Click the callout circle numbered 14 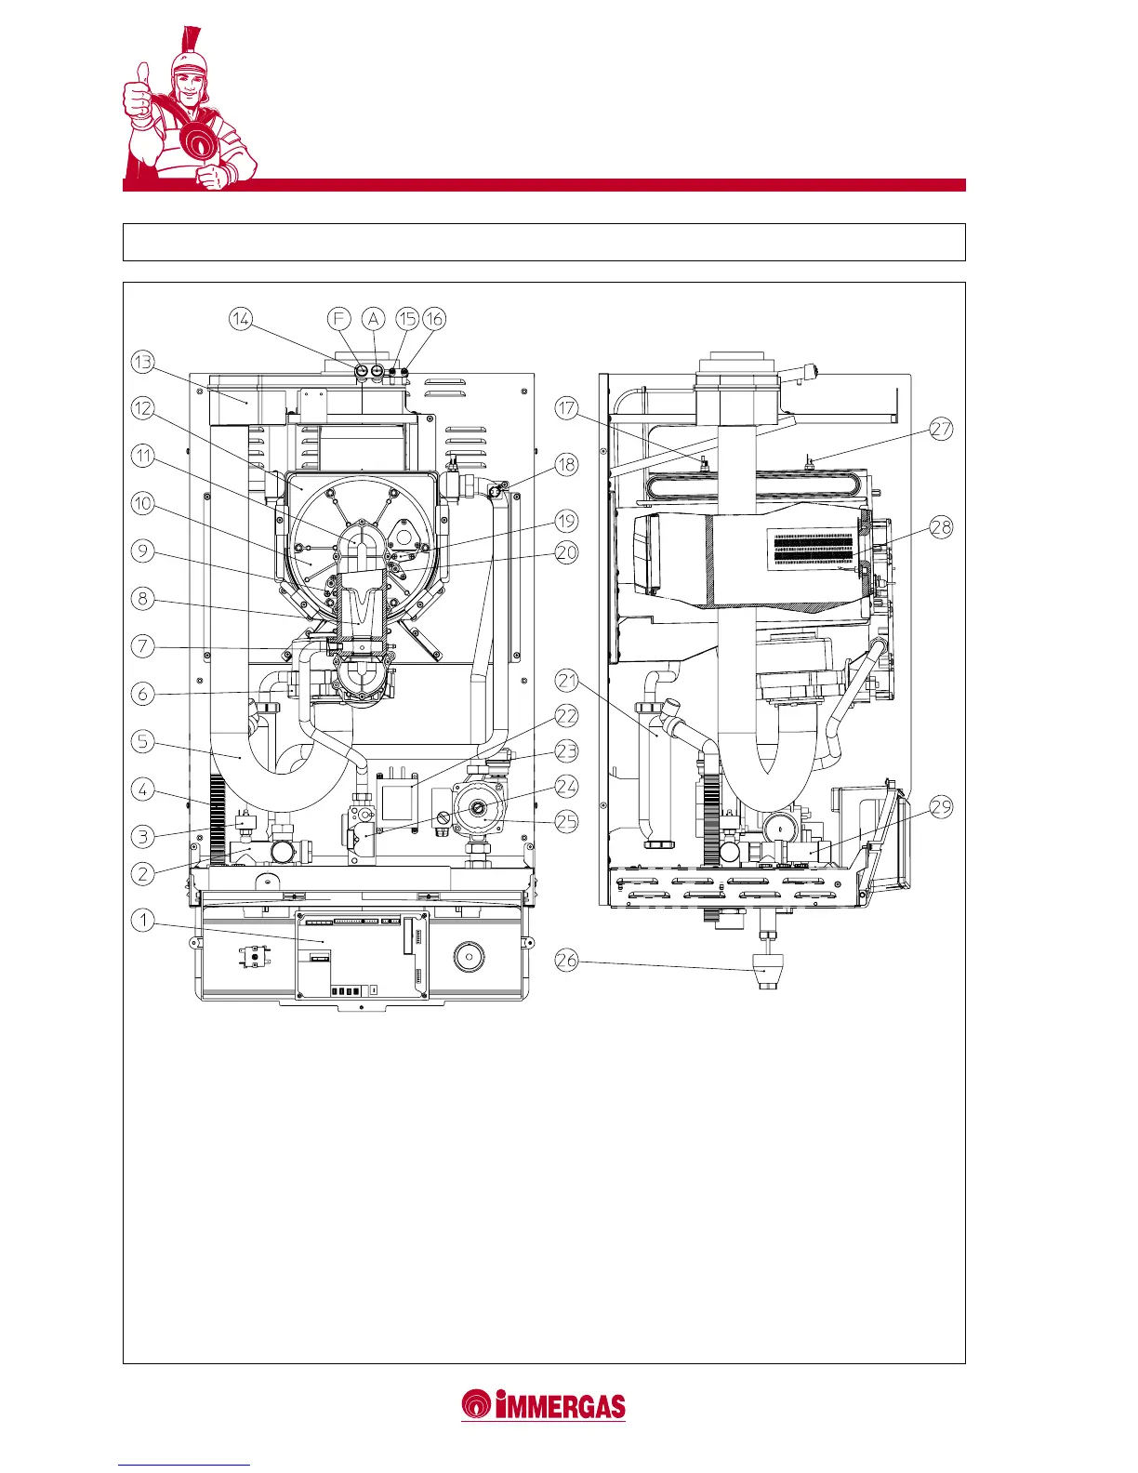(x=241, y=319)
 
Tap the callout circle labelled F (x=339, y=319)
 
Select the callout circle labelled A (x=373, y=319)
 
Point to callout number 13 (x=143, y=362)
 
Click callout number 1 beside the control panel (x=143, y=921)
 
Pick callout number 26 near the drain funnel (x=566, y=960)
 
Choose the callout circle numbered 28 (x=942, y=526)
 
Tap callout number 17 (x=566, y=408)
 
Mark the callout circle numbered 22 (x=566, y=716)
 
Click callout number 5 (x=143, y=741)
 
